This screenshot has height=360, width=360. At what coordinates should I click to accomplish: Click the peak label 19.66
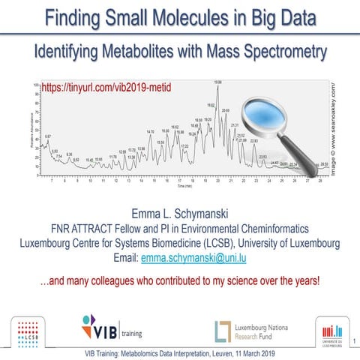coord(217,82)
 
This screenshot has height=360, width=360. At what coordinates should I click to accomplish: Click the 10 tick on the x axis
coord(90,180)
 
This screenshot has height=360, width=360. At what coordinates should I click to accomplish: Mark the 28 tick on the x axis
coord(320,180)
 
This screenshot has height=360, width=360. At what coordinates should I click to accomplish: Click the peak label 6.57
coord(48,136)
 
